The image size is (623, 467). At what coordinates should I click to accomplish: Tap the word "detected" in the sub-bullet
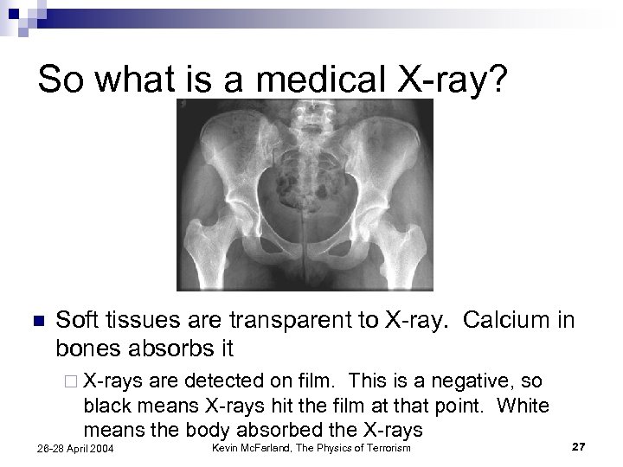[215, 381]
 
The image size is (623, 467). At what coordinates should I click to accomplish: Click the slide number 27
[580, 445]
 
